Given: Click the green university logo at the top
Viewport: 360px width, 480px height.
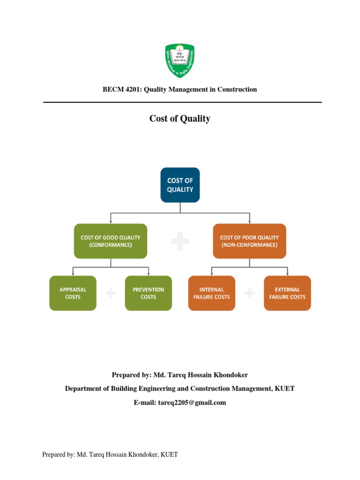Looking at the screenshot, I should pyautogui.click(x=180, y=60).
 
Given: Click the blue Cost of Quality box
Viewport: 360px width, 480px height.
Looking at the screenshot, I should pyautogui.click(x=180, y=185).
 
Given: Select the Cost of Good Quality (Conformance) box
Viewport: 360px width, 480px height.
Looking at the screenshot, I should pyautogui.click(x=111, y=241).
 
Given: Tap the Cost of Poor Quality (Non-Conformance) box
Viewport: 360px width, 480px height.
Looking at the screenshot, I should pyautogui.click(x=249, y=241).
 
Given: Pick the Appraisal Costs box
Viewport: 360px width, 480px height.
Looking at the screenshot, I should pyautogui.click(x=73, y=293).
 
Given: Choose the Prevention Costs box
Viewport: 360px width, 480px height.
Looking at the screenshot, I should pyautogui.click(x=148, y=293).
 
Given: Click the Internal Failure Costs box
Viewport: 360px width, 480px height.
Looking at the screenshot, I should pyautogui.click(x=211, y=293).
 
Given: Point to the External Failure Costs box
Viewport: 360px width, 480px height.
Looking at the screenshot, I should pyautogui.click(x=287, y=293).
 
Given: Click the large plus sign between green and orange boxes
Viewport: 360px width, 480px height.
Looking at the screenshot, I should pyautogui.click(x=180, y=241).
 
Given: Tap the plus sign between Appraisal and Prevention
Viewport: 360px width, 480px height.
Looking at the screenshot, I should pyautogui.click(x=111, y=294).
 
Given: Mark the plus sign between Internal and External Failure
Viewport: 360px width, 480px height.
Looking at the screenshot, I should pyautogui.click(x=249, y=294).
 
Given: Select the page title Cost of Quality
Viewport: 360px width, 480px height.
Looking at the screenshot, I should pyautogui.click(x=180, y=119).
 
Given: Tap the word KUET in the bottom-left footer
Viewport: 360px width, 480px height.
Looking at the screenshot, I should pyautogui.click(x=169, y=455).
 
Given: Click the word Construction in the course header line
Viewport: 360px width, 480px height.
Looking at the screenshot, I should pyautogui.click(x=239, y=89).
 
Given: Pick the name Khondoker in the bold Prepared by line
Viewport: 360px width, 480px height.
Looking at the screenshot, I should pyautogui.click(x=231, y=375).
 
